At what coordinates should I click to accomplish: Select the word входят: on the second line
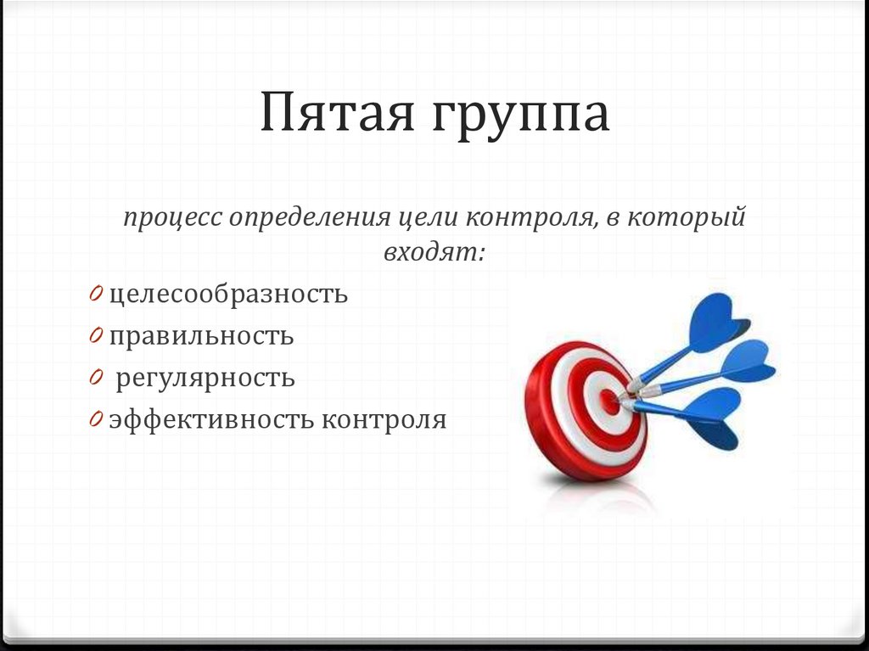pyautogui.click(x=433, y=253)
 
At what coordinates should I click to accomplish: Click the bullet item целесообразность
pyautogui.click(x=228, y=295)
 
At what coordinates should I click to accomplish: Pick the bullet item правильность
pyautogui.click(x=201, y=336)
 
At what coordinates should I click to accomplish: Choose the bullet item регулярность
pyautogui.click(x=205, y=379)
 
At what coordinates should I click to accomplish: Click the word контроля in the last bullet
pyautogui.click(x=384, y=419)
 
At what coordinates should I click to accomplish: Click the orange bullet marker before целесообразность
pyautogui.click(x=98, y=294)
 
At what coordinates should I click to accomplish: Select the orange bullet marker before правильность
pyautogui.click(x=98, y=335)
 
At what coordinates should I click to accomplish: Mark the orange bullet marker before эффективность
pyautogui.click(x=98, y=419)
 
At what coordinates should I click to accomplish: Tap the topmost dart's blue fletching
pyautogui.click(x=718, y=322)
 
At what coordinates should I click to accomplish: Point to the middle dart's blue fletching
pyautogui.click(x=747, y=363)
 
